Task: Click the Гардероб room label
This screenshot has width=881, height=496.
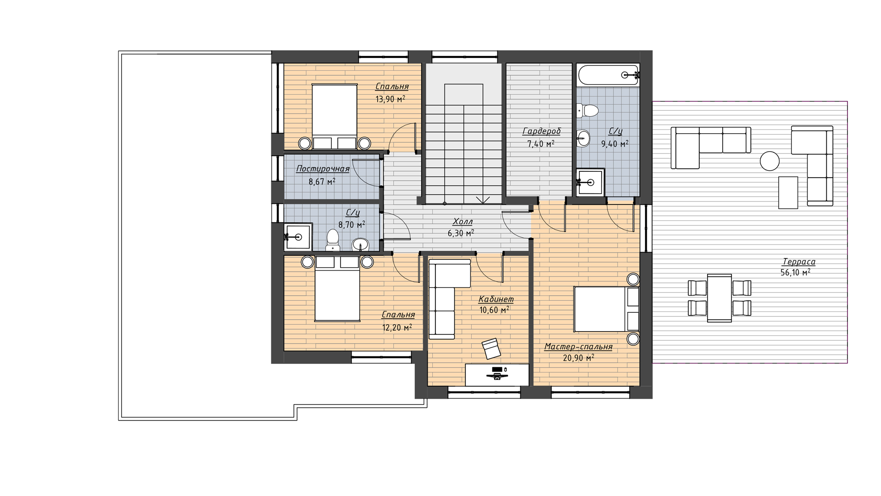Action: (x=541, y=131)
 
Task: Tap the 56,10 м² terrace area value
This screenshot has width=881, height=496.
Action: (x=795, y=272)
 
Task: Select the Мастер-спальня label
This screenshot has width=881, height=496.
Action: (x=578, y=347)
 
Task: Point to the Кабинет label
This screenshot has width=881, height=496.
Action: (x=496, y=299)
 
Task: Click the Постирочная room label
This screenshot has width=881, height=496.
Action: (x=323, y=169)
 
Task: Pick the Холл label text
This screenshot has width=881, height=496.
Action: (x=463, y=222)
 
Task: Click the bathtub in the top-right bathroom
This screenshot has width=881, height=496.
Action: (x=608, y=75)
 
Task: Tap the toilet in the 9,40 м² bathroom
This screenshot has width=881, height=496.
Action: (x=588, y=111)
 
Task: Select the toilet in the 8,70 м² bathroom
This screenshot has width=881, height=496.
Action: (x=333, y=240)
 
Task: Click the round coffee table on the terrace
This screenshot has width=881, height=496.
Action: (x=769, y=161)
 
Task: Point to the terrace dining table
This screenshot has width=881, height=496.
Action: (x=719, y=298)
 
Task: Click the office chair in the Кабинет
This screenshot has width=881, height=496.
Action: (x=491, y=349)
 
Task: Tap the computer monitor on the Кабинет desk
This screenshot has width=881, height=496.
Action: (x=497, y=369)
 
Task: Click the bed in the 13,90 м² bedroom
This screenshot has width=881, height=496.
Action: (x=335, y=117)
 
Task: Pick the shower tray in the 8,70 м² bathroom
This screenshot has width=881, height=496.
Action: (x=298, y=237)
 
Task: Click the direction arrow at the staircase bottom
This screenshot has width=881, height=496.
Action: (x=482, y=200)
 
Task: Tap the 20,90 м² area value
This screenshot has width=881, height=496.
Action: (x=578, y=358)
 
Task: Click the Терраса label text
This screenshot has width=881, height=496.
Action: (x=799, y=262)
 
